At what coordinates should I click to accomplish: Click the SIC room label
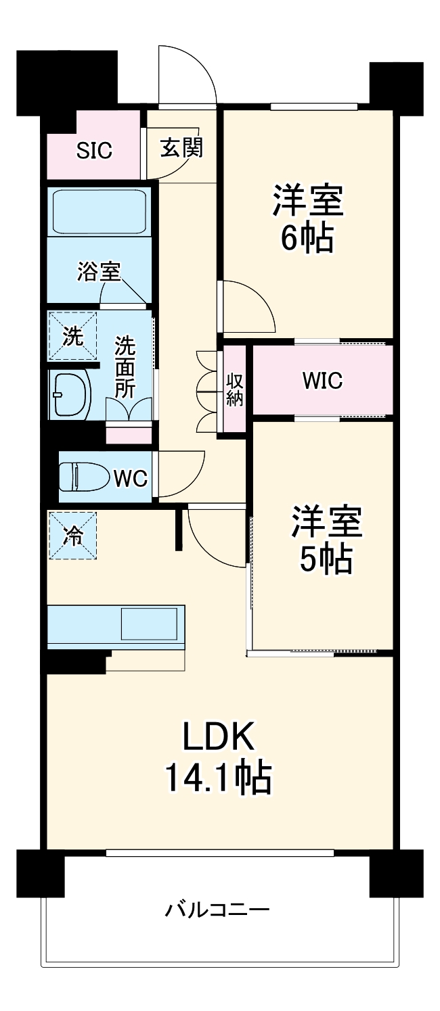(x=94, y=150)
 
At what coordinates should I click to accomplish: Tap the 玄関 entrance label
(x=181, y=147)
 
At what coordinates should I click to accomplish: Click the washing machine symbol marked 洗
(x=72, y=335)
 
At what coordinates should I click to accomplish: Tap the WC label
(x=131, y=479)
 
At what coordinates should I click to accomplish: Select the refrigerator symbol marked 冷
(x=72, y=536)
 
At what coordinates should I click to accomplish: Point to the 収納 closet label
(x=234, y=389)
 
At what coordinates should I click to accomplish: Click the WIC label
(x=322, y=381)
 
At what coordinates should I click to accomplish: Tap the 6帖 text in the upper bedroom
(x=307, y=237)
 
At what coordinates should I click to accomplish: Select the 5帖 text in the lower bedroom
(x=326, y=559)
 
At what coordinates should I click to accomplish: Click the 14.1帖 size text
(x=219, y=778)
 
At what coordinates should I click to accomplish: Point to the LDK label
(x=219, y=736)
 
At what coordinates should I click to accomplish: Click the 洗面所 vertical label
(x=125, y=367)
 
